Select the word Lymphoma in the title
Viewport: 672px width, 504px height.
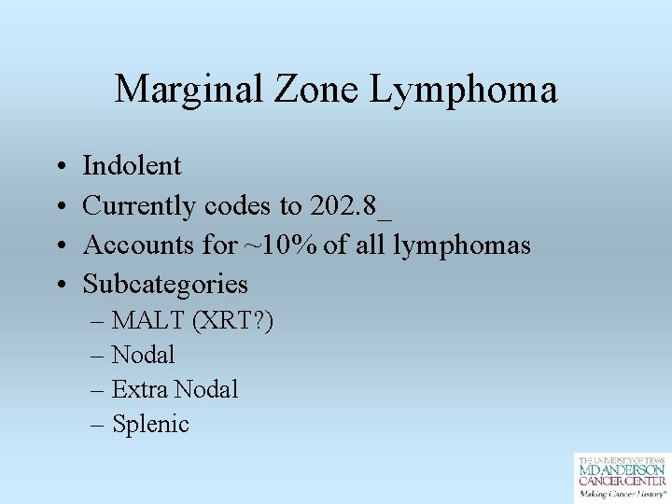[x=464, y=90]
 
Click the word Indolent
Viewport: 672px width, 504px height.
[x=132, y=166]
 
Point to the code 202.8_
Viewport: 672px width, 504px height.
[x=351, y=205]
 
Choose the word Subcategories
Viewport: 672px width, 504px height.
[x=165, y=284]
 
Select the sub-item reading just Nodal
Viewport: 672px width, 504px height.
[x=143, y=356]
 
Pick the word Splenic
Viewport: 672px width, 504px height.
[x=150, y=425]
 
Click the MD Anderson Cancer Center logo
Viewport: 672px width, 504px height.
[x=621, y=477]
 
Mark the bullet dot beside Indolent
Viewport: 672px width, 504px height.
[x=59, y=167]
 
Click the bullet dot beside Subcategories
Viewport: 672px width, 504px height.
[x=59, y=285]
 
